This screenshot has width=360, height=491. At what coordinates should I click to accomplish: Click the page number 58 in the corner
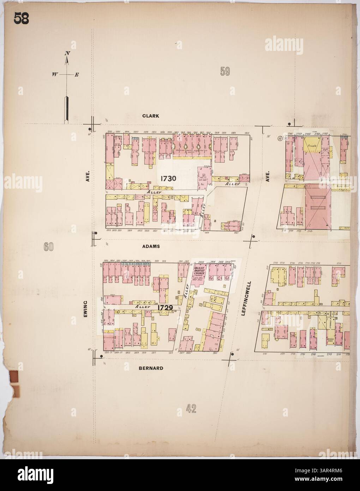[x=22, y=18]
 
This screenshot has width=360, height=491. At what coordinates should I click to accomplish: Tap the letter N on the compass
[x=66, y=53]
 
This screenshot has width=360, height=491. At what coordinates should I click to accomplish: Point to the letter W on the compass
[x=55, y=75]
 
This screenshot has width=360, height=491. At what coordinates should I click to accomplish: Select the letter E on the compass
[x=77, y=75]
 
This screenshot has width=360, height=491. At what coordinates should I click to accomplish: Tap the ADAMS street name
[x=151, y=247]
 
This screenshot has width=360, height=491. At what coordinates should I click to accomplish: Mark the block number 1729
[x=165, y=307]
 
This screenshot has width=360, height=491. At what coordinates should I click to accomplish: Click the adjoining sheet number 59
[x=225, y=72]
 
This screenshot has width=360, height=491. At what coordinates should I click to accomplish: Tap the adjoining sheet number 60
[x=48, y=247]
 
